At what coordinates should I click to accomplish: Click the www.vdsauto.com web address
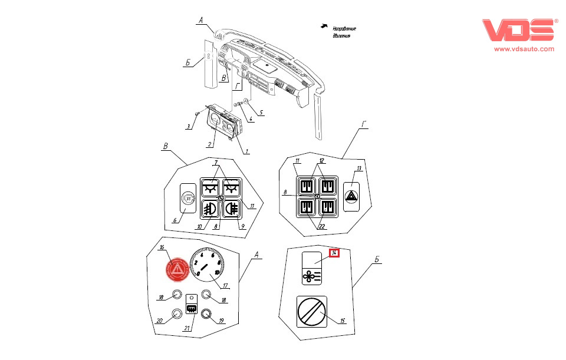pos(524,49)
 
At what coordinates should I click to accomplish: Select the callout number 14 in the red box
pos(334,253)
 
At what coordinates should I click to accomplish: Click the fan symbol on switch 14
pos(312,275)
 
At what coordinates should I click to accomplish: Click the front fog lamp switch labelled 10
pos(211,208)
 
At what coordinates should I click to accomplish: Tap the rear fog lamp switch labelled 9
pos(231,208)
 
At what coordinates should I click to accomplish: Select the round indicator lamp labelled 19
pos(206,314)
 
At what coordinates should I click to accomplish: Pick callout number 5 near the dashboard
pos(261,113)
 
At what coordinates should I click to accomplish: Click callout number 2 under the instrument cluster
pos(209,144)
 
